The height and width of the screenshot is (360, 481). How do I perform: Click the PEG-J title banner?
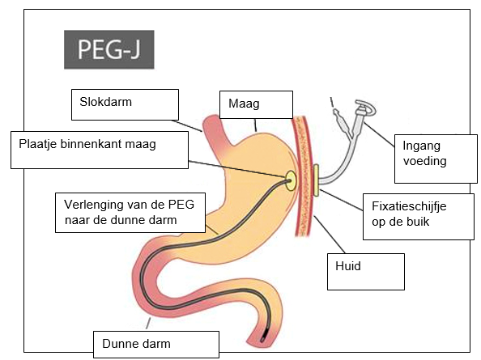click(109, 49)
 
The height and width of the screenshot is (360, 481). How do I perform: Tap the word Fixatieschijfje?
click(409, 206)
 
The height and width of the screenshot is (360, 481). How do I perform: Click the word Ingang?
click(422, 146)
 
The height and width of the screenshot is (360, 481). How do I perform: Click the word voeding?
click(425, 161)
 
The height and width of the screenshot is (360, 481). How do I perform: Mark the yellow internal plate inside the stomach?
click(291, 180)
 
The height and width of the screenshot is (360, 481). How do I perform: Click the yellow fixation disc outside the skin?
click(316, 180)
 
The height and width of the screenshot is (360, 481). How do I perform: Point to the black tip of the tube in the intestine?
click(263, 338)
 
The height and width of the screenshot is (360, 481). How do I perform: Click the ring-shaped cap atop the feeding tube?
click(366, 108)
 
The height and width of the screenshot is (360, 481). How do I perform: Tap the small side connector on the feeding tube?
click(342, 121)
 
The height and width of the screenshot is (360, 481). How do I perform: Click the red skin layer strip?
click(303, 176)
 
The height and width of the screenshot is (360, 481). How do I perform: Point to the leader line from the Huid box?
click(330, 235)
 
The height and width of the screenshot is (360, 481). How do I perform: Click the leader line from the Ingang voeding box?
click(380, 135)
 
